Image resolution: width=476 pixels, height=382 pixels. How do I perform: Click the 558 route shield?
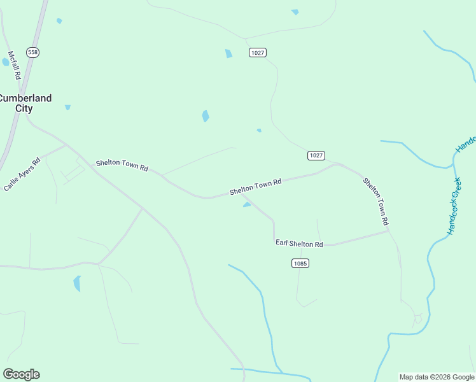(x=33, y=52)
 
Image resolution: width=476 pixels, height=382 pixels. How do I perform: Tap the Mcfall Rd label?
(x=14, y=66)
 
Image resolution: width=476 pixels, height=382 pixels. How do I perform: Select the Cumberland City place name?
(x=25, y=103)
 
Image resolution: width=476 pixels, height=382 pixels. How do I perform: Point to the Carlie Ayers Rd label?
(x=22, y=174)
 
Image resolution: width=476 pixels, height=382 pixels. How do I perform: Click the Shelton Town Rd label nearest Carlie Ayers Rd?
(x=122, y=166)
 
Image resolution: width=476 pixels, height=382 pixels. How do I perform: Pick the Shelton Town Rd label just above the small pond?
(x=255, y=187)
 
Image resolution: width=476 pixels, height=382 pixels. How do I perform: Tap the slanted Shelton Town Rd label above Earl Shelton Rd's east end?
(x=375, y=201)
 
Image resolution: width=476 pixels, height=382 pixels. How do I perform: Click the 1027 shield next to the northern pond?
(x=258, y=52)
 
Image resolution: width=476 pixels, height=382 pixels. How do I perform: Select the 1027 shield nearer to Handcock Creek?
(x=316, y=155)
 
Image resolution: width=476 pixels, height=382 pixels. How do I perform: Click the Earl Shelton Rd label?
(x=299, y=243)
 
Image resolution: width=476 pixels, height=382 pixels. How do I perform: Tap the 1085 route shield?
(x=300, y=263)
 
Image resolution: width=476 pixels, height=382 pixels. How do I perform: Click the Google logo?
(x=22, y=374)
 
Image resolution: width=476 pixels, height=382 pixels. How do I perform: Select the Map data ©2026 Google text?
(x=437, y=377)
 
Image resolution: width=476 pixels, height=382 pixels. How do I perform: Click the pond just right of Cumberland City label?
(x=67, y=107)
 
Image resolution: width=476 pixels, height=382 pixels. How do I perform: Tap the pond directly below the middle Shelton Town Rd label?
(x=247, y=204)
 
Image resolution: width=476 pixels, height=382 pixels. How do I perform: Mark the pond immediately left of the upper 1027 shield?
(x=228, y=53)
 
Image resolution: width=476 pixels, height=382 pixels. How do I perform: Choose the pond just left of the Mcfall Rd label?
(x=5, y=62)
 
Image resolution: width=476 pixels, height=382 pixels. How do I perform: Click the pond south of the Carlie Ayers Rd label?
(x=78, y=283)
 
